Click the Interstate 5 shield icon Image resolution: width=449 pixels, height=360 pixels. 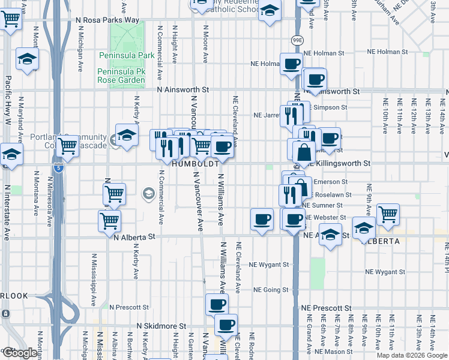click(x=58, y=167)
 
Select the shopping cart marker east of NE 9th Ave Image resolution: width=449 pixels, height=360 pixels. click(x=388, y=214)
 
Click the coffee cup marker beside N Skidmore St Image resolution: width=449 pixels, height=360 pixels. click(x=226, y=325)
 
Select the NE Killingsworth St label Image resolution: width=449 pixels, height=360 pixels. click(x=340, y=163)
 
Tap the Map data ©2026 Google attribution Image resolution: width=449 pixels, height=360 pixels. click(x=412, y=355)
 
